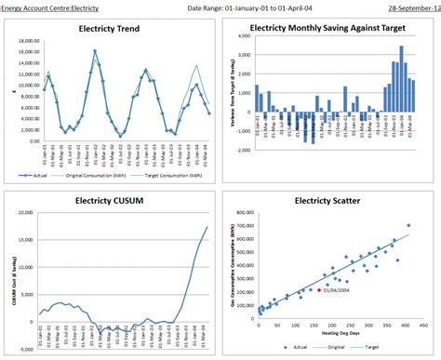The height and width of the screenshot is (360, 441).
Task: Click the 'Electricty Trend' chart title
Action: (x=110, y=28)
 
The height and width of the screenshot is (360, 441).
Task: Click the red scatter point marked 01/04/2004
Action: (x=318, y=290)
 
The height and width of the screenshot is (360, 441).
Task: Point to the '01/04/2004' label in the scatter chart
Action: (x=339, y=290)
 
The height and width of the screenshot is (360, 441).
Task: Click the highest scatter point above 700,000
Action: (x=408, y=226)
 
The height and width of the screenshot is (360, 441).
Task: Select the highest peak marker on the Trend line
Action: (x=95, y=51)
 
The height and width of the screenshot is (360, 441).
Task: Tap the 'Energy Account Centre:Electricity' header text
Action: (x=50, y=7)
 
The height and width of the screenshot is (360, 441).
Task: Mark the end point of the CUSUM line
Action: (x=207, y=227)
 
